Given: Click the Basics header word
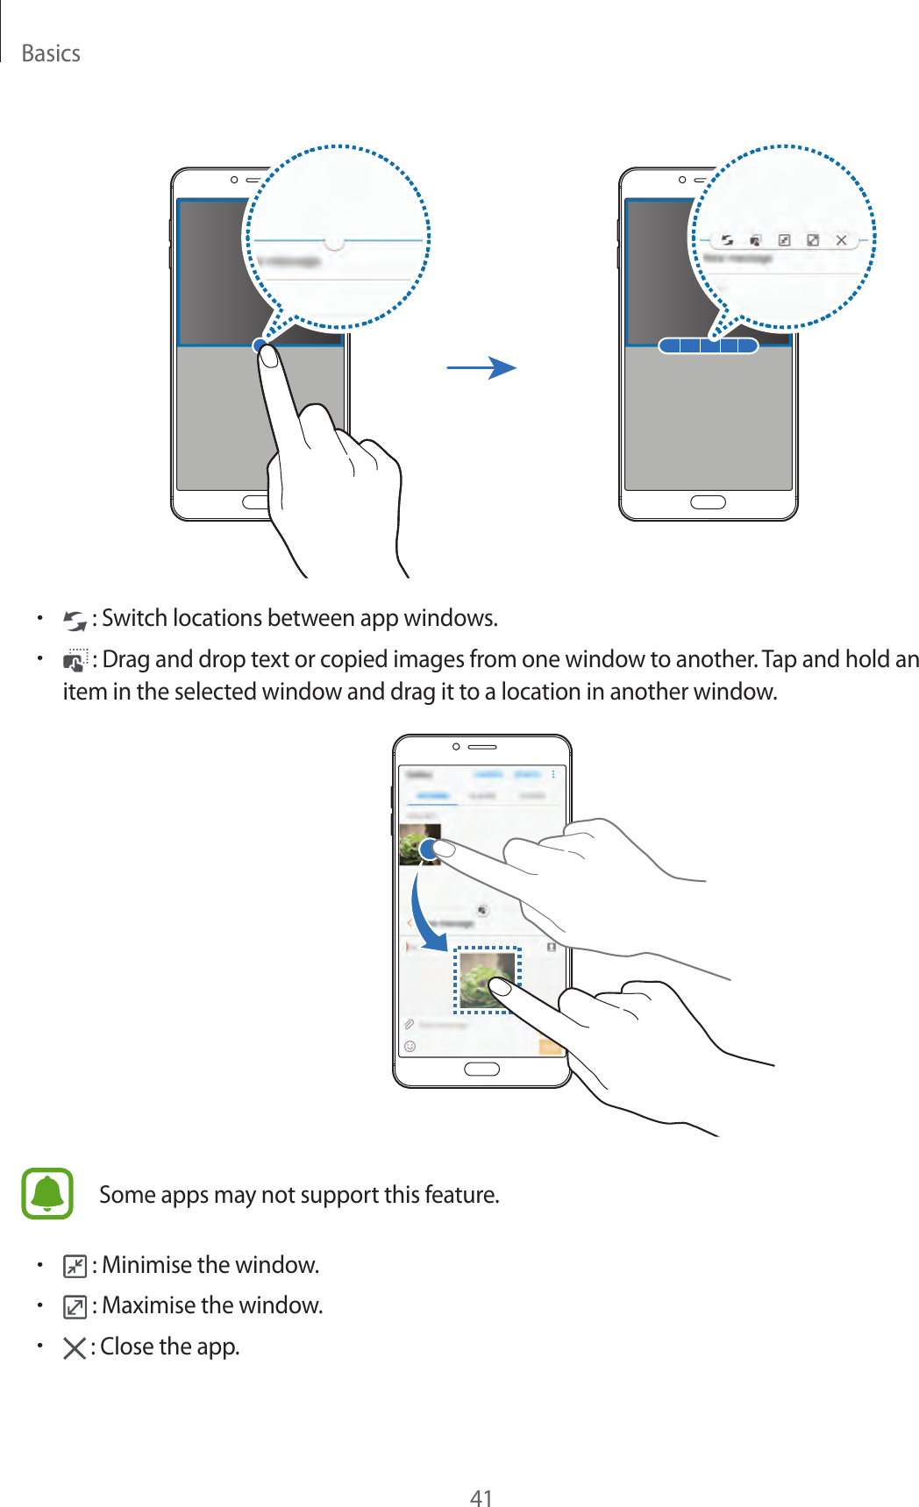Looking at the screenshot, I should (x=51, y=53).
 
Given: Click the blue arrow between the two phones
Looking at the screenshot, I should (x=482, y=367).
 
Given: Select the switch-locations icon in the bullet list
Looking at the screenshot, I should (x=75, y=621).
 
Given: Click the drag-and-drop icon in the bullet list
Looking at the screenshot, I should (x=75, y=660).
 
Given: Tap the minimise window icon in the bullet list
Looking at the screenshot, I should (x=75, y=1266).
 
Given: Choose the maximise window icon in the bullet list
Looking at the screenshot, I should (x=75, y=1307).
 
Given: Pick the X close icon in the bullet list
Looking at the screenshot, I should (x=75, y=1347).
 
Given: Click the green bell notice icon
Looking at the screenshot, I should (x=47, y=1193).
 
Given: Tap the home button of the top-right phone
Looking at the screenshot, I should (x=708, y=502).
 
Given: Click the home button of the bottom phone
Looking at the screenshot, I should (x=481, y=1069).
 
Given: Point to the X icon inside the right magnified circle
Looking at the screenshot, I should (x=841, y=239).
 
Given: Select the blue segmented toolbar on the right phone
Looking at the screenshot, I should (x=708, y=345).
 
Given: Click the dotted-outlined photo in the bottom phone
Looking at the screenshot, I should (x=487, y=979).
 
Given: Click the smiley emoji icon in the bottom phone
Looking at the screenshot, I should (x=410, y=1046).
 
